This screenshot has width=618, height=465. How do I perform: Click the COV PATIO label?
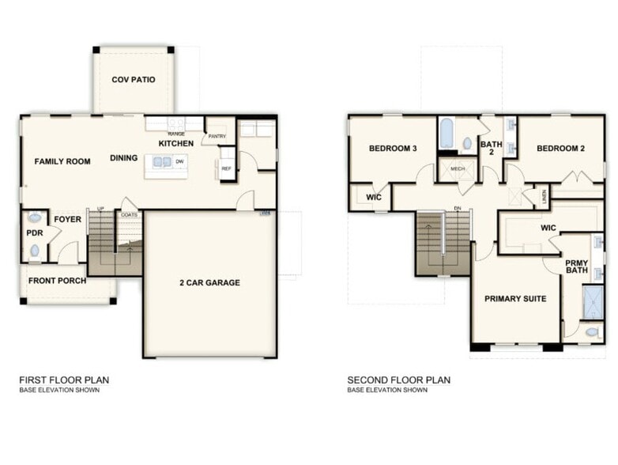coord(133,80)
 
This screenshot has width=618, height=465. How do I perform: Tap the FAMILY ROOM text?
coord(62,161)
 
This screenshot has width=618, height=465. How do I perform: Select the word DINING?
coord(124,158)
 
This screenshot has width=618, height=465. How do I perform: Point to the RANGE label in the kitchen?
coord(176,134)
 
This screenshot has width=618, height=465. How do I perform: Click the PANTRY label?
coord(217,137)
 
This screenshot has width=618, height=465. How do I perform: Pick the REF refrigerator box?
coord(226,168)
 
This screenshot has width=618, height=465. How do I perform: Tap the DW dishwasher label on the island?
coord(180,161)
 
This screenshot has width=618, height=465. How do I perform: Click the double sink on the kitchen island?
coord(163,162)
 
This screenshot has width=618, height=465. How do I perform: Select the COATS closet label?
coord(128,214)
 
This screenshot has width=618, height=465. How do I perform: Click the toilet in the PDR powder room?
coord(34,251)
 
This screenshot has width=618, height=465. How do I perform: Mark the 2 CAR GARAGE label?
coord(209,282)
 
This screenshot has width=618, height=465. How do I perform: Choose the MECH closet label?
coord(457,168)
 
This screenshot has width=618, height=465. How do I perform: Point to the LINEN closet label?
coord(545,195)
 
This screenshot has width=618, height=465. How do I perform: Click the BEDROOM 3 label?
coord(393,149)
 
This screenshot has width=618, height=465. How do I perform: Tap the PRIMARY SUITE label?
coord(515,299)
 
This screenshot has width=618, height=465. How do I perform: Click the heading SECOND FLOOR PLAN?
coord(399,380)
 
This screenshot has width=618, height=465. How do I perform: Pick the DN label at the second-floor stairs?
coord(457,209)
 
